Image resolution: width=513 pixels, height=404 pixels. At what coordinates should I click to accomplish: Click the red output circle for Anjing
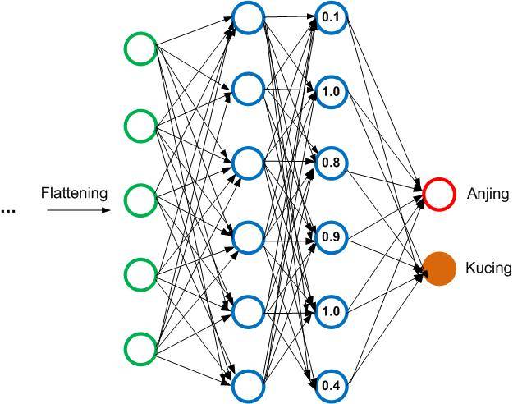click(x=439, y=194)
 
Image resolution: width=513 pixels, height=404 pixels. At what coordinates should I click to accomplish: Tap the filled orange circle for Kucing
click(x=439, y=269)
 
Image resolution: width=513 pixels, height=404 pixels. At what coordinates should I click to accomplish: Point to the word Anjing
click(x=488, y=195)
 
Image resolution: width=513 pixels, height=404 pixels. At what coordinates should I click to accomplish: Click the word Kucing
click(x=488, y=269)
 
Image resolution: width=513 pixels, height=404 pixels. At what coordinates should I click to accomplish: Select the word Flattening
click(x=74, y=194)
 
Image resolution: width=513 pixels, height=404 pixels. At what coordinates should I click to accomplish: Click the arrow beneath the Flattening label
click(x=77, y=211)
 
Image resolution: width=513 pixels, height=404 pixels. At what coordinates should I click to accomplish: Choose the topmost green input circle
click(x=140, y=49)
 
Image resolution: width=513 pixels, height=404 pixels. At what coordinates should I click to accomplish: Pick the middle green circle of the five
click(x=140, y=198)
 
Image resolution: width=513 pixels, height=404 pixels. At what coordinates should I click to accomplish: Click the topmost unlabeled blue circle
click(x=247, y=16)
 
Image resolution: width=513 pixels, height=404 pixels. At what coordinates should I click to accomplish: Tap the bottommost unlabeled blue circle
click(x=247, y=383)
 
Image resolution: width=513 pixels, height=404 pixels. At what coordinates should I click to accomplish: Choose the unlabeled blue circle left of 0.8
click(x=247, y=163)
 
